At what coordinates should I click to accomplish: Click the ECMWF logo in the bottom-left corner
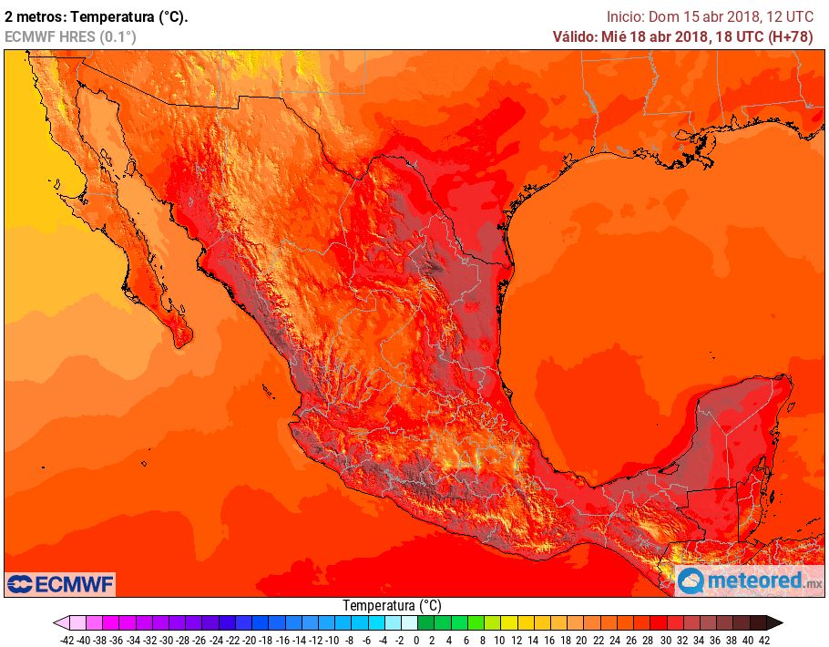[x=60, y=583]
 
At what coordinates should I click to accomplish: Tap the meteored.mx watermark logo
[x=749, y=580]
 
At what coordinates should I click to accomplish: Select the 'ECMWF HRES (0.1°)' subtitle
[x=71, y=36]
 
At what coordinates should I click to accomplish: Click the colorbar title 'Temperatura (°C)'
[x=392, y=605]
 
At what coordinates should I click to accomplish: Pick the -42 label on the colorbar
[x=67, y=640]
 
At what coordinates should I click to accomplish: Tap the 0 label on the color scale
[x=415, y=640]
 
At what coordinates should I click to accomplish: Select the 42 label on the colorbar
[x=764, y=640]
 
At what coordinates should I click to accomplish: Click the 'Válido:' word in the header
[x=575, y=36]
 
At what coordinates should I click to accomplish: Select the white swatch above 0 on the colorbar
[x=408, y=623]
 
